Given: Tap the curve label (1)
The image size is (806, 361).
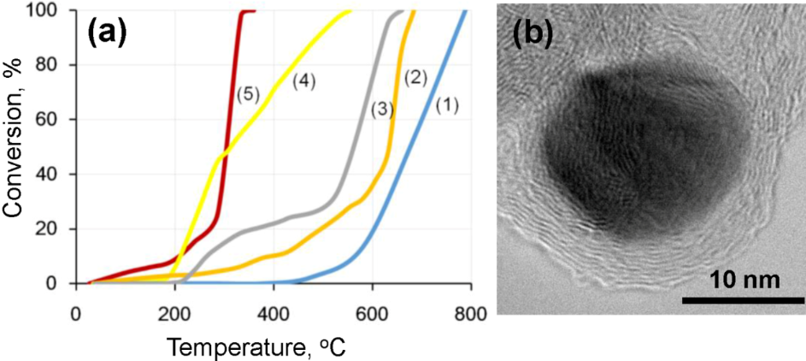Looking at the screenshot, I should [447, 106].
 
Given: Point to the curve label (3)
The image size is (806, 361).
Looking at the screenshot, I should [382, 109].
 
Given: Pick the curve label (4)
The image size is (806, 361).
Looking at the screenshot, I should [303, 81].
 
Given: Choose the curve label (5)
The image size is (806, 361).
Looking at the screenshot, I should [245, 95].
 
